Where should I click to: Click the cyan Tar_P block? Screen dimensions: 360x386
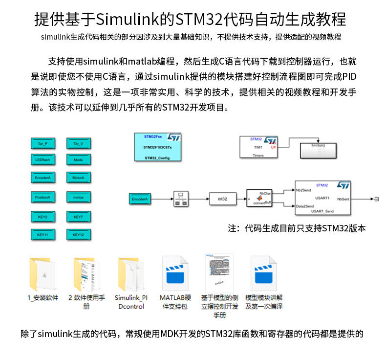point(43,144)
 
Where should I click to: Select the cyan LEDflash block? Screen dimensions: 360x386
point(43,160)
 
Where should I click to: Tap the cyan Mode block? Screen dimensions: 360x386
point(78,160)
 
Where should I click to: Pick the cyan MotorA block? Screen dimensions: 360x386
point(78,178)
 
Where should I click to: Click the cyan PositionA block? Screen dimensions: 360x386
point(43,198)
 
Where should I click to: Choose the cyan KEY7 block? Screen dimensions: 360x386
point(78,216)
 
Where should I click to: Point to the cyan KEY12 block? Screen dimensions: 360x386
point(78,234)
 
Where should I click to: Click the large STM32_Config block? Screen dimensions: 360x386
point(158,146)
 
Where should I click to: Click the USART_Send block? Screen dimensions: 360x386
point(322,198)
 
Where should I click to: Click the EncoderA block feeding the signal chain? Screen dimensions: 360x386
point(141,199)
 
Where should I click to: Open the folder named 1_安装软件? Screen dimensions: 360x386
point(43,274)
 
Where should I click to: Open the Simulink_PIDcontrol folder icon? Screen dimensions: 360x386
point(130,274)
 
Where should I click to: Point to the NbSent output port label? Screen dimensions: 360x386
point(343,199)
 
